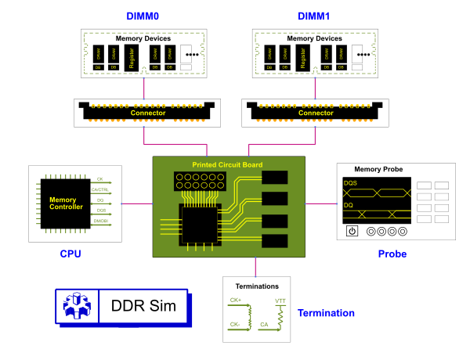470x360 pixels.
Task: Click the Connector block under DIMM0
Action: (147, 113)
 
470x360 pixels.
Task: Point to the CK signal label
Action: (99, 179)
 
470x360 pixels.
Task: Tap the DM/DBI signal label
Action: (100, 221)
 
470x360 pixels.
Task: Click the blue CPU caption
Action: (70, 254)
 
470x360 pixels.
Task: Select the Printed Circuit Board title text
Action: (227, 164)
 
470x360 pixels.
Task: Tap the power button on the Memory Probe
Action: (352, 231)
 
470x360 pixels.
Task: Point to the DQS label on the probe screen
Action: (350, 183)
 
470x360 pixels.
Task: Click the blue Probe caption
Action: (392, 254)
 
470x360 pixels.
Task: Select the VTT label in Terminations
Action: (280, 301)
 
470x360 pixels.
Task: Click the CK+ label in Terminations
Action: (235, 300)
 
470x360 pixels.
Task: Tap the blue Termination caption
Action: (326, 313)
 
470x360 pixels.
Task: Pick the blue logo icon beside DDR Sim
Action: (76, 306)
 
